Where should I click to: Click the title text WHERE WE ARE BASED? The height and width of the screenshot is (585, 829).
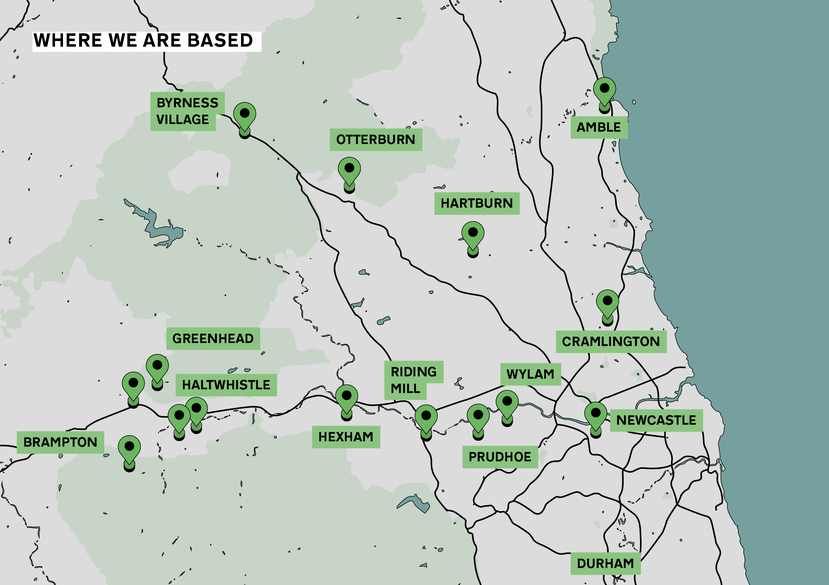click(143, 41)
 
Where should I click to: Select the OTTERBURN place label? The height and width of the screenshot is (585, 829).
click(375, 139)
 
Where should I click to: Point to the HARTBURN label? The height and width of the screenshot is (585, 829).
click(476, 204)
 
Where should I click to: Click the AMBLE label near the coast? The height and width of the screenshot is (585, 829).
click(599, 127)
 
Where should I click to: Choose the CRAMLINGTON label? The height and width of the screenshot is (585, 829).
click(611, 342)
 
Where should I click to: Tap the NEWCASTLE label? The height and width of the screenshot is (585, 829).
click(655, 420)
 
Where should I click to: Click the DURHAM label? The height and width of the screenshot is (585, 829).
click(604, 564)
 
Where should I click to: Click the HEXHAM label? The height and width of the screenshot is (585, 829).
click(346, 437)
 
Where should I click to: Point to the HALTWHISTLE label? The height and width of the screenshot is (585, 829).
click(225, 384)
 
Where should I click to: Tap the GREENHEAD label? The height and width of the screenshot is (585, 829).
click(212, 338)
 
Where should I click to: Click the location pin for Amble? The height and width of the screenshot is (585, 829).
click(604, 91)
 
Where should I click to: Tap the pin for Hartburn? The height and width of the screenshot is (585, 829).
click(473, 236)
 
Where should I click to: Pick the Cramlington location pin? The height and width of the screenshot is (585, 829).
click(606, 302)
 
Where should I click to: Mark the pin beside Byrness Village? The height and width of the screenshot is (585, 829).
click(244, 116)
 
